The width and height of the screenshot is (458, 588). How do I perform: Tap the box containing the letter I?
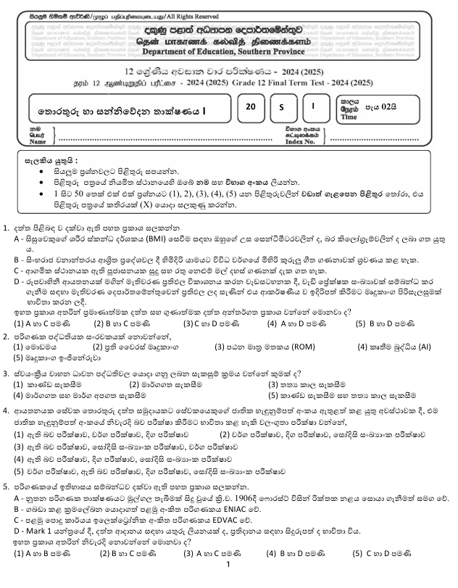click(x=313, y=107)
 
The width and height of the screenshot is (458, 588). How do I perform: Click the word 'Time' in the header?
click(x=349, y=117)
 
